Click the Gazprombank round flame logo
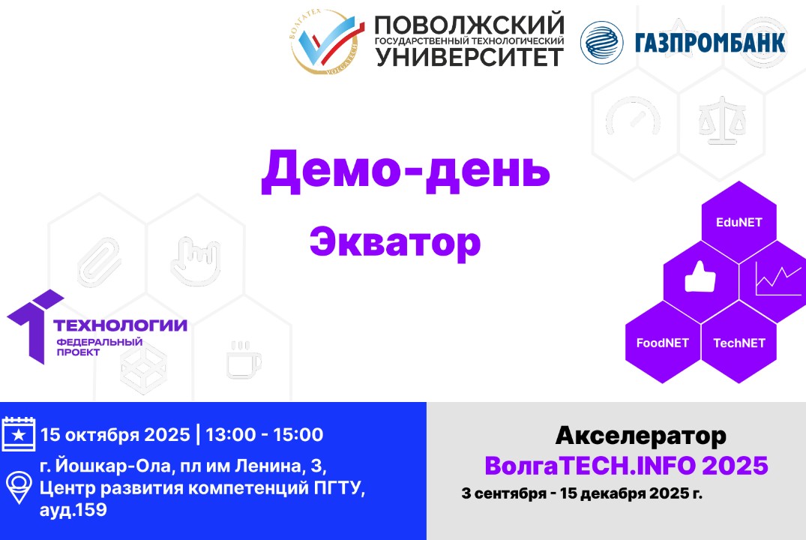pos(601,42)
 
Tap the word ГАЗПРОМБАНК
pos(710,42)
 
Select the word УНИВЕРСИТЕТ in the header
pos(469,55)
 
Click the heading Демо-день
pos(405,170)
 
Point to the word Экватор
pos(395,242)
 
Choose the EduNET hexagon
pos(739,222)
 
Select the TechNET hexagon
pos(739,343)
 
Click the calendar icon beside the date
pos(19,434)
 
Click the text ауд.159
pos(73,510)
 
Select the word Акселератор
pos(641,434)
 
